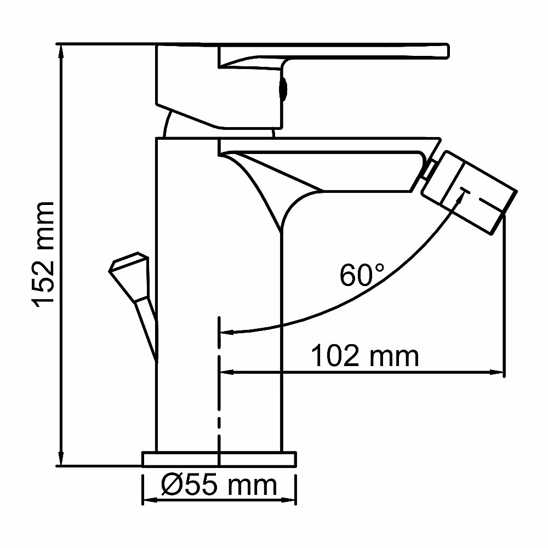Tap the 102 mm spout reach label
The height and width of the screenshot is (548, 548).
364,356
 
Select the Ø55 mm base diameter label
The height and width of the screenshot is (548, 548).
219,485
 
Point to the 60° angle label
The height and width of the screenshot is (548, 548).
362,275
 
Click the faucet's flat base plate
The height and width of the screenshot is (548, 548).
219,459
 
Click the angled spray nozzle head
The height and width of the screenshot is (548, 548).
470,192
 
